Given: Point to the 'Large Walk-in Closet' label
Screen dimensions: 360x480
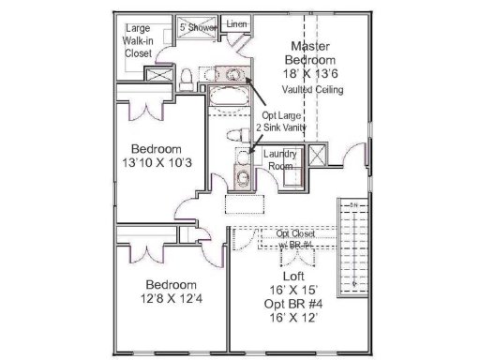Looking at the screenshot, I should (x=139, y=41).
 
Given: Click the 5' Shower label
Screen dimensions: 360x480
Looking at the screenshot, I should (x=198, y=28).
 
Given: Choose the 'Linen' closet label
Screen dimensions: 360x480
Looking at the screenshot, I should (x=237, y=23).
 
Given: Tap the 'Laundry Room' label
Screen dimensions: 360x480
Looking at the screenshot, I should (x=280, y=158).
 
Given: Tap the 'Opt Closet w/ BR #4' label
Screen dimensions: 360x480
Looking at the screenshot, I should (x=295, y=239).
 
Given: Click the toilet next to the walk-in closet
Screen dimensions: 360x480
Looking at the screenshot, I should (x=187, y=77).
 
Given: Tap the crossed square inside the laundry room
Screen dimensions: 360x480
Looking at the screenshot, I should (x=317, y=157).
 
